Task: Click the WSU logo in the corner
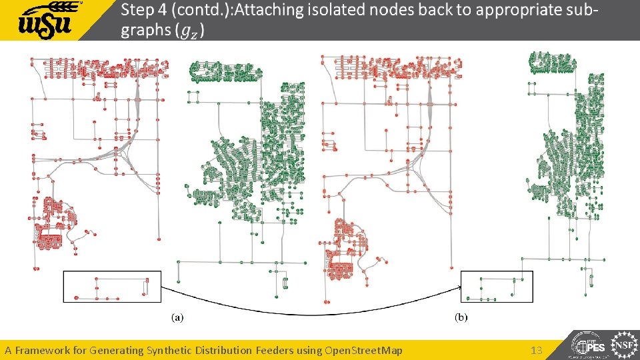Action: click(x=50, y=21)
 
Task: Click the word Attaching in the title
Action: click(x=277, y=11)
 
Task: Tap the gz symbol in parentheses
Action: click(x=193, y=31)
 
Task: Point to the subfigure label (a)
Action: click(x=178, y=318)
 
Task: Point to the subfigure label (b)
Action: click(x=461, y=318)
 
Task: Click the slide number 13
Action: click(x=537, y=350)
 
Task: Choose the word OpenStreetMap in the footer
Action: click(x=363, y=350)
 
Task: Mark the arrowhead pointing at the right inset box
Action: click(x=459, y=287)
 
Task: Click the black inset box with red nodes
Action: click(x=111, y=286)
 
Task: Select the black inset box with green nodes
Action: click(x=497, y=287)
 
